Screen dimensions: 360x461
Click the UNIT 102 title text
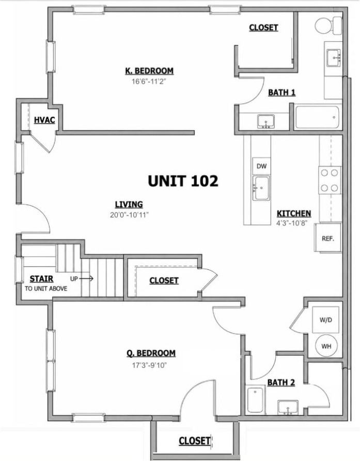[x=183, y=181]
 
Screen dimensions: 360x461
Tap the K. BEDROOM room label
[x=149, y=71]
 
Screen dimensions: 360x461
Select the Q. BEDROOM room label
[x=151, y=353]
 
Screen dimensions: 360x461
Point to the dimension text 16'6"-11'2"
[x=149, y=82]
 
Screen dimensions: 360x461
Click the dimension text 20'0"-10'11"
[x=129, y=215]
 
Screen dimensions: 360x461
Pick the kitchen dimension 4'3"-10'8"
[x=292, y=223]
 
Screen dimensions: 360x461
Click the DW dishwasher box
[x=261, y=166]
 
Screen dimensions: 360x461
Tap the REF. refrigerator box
[x=328, y=238]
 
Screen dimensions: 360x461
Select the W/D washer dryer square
[x=325, y=320]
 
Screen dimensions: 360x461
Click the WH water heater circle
[x=326, y=346]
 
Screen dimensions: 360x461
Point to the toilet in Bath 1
[x=328, y=25]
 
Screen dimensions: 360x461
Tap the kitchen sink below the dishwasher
[x=261, y=188]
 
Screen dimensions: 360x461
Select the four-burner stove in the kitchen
[x=330, y=180]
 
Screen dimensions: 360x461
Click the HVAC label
[x=44, y=120]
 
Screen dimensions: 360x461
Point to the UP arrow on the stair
[x=86, y=279]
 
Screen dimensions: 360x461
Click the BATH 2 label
[x=281, y=382]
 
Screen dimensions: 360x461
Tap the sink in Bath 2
[x=288, y=408]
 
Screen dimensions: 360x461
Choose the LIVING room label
[x=129, y=204]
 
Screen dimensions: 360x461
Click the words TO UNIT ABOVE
[x=46, y=289]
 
